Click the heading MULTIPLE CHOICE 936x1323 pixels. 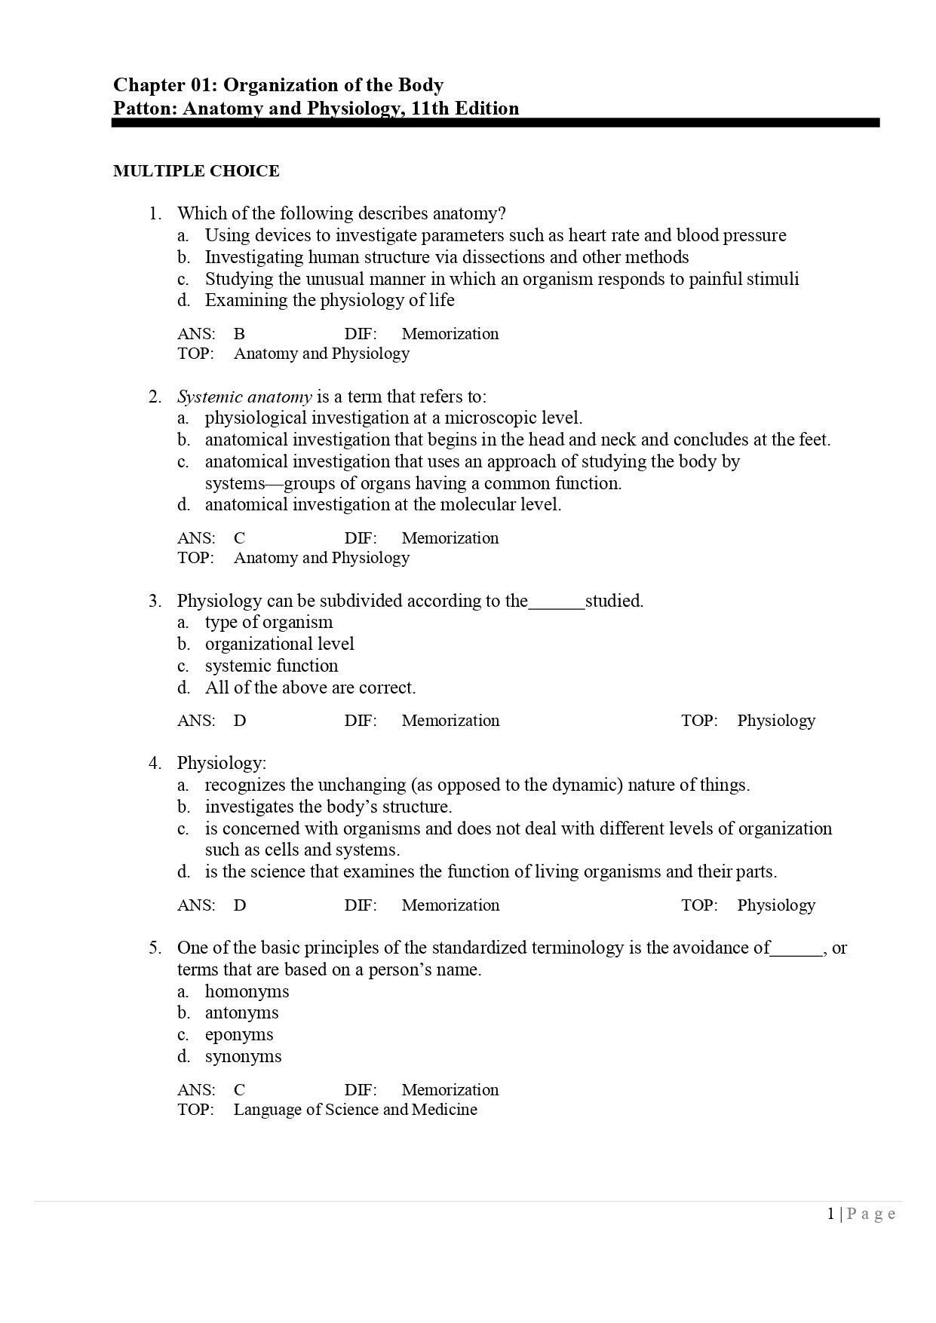(x=196, y=171)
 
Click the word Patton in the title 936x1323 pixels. (x=144, y=109)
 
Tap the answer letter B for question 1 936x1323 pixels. (x=239, y=334)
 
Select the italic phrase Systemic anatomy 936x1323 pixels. (x=244, y=397)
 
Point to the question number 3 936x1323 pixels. (x=155, y=601)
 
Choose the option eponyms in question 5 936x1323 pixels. (x=239, y=1034)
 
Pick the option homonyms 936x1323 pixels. (x=247, y=991)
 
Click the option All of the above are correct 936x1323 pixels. (x=310, y=688)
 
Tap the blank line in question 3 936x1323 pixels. (x=557, y=603)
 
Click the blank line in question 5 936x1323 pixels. (x=796, y=950)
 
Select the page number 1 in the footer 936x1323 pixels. (x=831, y=1214)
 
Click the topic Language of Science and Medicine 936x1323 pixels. (x=355, y=1110)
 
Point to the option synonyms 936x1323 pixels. (x=243, y=1056)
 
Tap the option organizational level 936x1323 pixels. (x=279, y=644)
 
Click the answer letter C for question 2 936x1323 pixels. (x=239, y=538)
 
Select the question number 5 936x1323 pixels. (x=155, y=948)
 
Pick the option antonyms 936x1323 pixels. (x=241, y=1012)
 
